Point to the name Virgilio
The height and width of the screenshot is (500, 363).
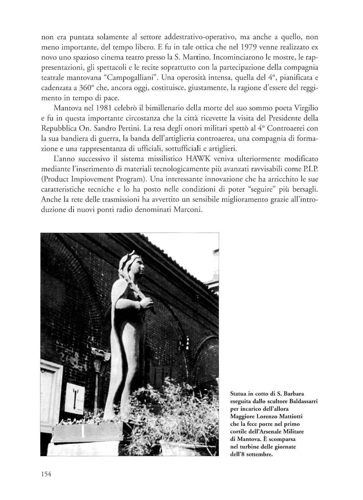pos(305,108)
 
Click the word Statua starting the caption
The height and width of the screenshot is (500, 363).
pos(238,394)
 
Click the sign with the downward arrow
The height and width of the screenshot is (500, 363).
pos(75,398)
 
